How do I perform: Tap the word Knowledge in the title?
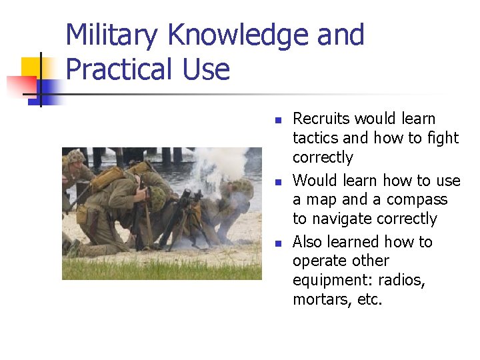pos(235,35)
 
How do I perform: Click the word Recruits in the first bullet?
pos(321,119)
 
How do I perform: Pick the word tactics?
pos(315,138)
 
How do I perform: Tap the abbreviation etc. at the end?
pos(370,300)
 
